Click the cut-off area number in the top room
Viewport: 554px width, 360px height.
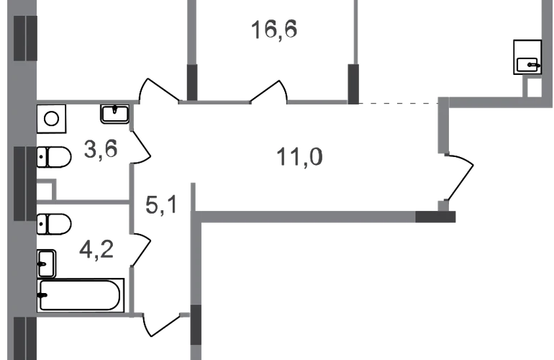click(x=275, y=31)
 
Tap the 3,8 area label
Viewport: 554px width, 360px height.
click(x=100, y=152)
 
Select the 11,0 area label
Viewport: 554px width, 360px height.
click(x=298, y=155)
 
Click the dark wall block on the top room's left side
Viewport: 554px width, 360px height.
click(x=193, y=81)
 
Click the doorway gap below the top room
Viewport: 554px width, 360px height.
click(x=270, y=104)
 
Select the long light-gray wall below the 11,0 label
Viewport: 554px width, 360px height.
click(x=309, y=215)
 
